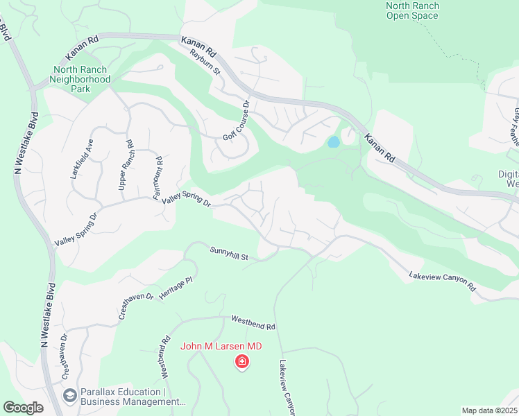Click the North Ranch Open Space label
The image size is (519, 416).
(412, 10)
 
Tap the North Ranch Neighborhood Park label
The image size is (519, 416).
(82, 79)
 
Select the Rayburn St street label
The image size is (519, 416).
(205, 62)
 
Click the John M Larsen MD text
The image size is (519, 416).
(221, 347)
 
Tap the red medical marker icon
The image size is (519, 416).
(242, 362)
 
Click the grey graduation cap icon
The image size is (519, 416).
(69, 396)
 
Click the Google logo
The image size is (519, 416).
(23, 408)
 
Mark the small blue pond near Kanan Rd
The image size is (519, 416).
(333, 143)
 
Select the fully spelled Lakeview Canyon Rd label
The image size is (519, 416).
(442, 281)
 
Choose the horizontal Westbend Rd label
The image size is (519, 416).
(253, 322)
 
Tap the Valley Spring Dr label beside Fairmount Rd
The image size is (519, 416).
(185, 200)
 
